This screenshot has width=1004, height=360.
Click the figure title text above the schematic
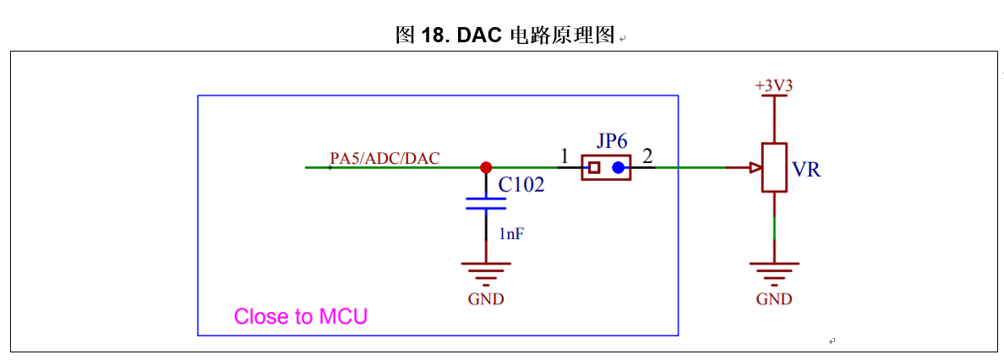[x=505, y=35]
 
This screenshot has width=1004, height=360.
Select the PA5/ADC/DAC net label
[x=385, y=158]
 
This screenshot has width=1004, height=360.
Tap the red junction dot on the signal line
[x=486, y=167]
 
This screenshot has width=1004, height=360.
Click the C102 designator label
[x=521, y=185]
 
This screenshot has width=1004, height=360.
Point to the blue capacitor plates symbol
[x=486, y=203]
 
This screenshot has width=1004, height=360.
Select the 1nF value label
[x=511, y=234]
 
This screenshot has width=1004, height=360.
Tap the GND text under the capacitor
[x=486, y=299]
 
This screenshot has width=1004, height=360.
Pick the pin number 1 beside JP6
[x=565, y=156]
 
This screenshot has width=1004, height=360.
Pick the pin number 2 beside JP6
[x=647, y=156]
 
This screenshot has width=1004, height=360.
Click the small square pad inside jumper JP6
[x=594, y=167]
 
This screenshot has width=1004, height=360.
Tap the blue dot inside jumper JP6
[x=619, y=167]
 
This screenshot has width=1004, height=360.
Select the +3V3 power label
[x=773, y=86]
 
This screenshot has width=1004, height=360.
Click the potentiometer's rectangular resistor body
[x=774, y=167]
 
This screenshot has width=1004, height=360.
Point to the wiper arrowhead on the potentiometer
[x=755, y=167]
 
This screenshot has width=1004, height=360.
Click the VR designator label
[x=806, y=170]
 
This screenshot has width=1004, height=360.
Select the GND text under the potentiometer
[x=774, y=299]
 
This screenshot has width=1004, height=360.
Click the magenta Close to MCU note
[x=301, y=317]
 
